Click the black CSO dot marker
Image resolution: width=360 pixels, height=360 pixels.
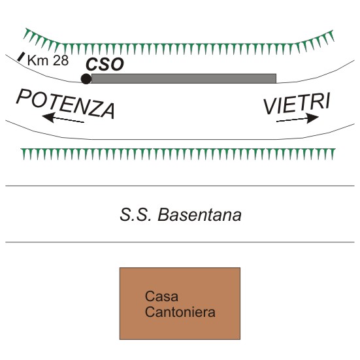click(86, 79)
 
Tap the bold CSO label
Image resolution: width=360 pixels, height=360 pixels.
click(105, 64)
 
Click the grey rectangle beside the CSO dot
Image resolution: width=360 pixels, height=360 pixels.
click(184, 78)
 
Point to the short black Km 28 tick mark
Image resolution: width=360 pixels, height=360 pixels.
click(21, 57)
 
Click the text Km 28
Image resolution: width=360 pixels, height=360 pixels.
click(48, 60)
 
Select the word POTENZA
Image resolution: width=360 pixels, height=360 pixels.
click(65, 104)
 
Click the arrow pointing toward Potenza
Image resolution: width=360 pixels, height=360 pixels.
click(63, 118)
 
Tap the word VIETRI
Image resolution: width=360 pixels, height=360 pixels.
click(297, 103)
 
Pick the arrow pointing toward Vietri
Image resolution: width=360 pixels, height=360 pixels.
click(297, 118)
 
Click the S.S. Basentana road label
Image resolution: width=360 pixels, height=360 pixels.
click(180, 215)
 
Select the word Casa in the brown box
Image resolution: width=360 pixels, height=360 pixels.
click(161, 296)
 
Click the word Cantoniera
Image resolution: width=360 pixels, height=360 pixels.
click(180, 312)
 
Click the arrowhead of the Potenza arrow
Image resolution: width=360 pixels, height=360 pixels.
click(48, 117)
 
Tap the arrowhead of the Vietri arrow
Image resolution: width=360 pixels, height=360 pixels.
click(313, 118)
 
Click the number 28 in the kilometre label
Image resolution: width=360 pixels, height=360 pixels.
click(61, 60)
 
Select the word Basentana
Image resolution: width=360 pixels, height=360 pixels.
click(199, 215)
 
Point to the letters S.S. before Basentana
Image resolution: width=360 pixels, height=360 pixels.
click(135, 215)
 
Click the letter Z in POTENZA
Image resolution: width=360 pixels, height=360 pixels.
click(93, 109)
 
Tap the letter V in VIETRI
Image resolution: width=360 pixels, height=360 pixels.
click(270, 106)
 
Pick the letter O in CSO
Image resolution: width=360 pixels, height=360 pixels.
click(117, 65)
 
